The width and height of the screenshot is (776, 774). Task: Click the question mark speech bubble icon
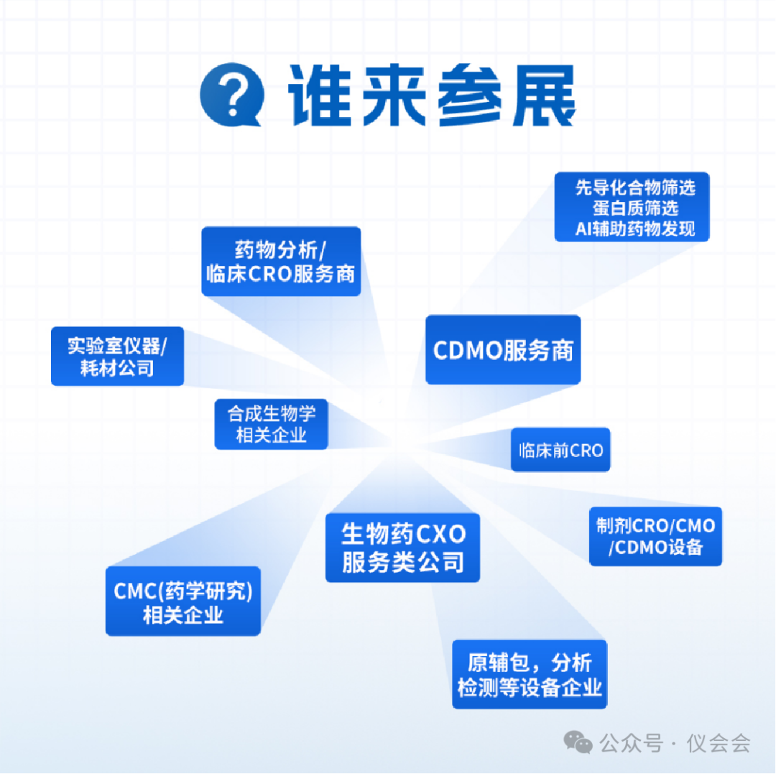pyautogui.click(x=231, y=95)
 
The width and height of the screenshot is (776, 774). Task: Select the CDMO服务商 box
pyautogui.click(x=503, y=350)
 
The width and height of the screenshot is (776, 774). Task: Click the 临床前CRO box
pyautogui.click(x=560, y=451)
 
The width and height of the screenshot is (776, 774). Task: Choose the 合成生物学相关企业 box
pyautogui.click(x=271, y=424)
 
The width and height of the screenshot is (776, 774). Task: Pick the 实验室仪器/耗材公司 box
pyautogui.click(x=117, y=356)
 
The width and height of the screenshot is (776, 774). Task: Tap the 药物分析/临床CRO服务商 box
pyautogui.click(x=281, y=262)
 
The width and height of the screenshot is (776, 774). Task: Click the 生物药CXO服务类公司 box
pyautogui.click(x=402, y=548)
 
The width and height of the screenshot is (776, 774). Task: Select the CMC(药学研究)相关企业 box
pyautogui.click(x=183, y=602)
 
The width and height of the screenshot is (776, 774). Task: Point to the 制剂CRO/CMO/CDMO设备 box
pyautogui.click(x=655, y=536)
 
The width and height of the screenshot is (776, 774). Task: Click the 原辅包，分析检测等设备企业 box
pyautogui.click(x=530, y=674)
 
